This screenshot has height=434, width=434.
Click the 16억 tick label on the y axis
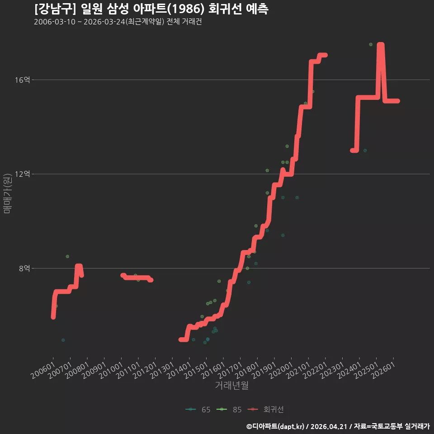tap(22, 80)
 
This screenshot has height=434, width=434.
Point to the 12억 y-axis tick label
tap(22, 174)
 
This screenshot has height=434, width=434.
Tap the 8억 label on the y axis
tap(24, 269)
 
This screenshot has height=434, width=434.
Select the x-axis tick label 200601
tap(42, 371)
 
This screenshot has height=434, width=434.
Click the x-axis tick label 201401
tap(179, 371)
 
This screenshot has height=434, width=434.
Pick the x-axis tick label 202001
tap(281, 371)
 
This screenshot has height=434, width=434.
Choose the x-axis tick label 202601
tap(383, 371)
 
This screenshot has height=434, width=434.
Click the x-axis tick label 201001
tap(111, 371)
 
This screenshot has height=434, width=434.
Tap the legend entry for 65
tap(198, 410)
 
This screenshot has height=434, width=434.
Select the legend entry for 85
tap(229, 410)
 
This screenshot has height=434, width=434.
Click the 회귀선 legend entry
tap(266, 410)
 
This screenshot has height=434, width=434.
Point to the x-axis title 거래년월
tap(231, 385)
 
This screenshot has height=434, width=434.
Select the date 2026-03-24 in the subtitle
tap(104, 22)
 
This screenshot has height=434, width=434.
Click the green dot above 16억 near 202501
tap(371, 45)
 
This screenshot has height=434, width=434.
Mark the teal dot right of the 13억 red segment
tap(365, 151)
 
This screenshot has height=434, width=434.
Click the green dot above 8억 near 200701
tap(67, 257)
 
